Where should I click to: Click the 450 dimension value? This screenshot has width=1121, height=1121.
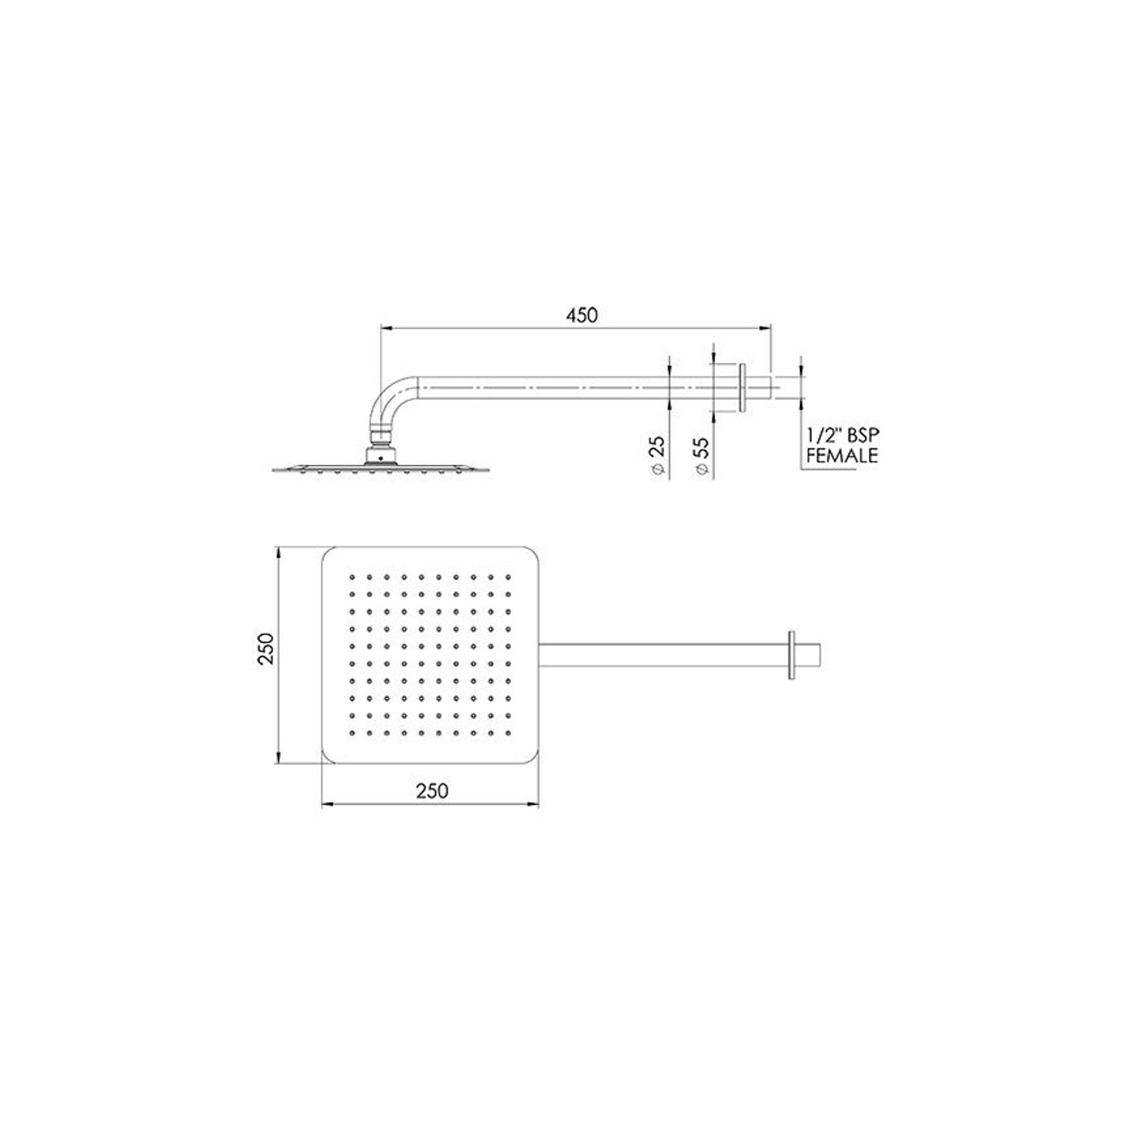pyautogui.click(x=581, y=315)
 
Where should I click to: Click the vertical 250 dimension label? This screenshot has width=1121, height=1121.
pyautogui.click(x=267, y=647)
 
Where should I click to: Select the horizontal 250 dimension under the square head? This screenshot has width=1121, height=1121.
pyautogui.click(x=432, y=791)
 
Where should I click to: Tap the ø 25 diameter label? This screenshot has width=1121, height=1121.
pyautogui.click(x=657, y=455)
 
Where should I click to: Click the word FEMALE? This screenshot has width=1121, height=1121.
pyautogui.click(x=842, y=456)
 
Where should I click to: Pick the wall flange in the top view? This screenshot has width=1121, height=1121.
pyautogui.click(x=793, y=655)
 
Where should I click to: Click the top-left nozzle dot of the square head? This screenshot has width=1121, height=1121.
pyautogui.click(x=350, y=576)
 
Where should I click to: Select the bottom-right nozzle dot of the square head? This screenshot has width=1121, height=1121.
pyautogui.click(x=508, y=734)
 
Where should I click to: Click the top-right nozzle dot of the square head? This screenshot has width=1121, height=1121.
pyautogui.click(x=508, y=576)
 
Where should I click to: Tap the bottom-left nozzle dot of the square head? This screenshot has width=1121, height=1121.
pyautogui.click(x=350, y=734)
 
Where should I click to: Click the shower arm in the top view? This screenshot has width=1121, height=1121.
pyautogui.click(x=662, y=655)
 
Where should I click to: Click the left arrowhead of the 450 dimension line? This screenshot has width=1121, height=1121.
pyautogui.click(x=385, y=328)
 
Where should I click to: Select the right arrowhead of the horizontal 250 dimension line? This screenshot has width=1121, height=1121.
pyautogui.click(x=534, y=805)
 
